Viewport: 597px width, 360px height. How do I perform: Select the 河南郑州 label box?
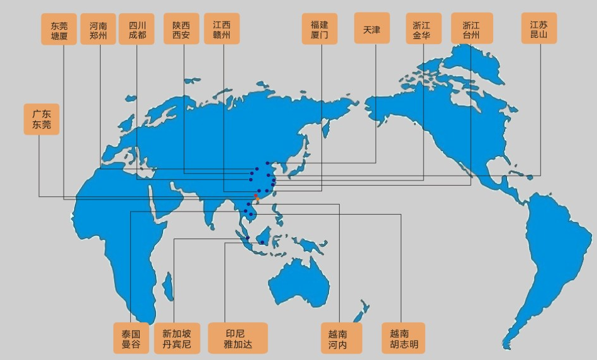[x=98, y=29]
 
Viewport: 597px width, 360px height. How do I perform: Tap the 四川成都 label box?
[x=137, y=29]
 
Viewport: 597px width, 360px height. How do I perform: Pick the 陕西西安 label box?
[x=181, y=29]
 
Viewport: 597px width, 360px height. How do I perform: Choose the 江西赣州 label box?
[x=221, y=29]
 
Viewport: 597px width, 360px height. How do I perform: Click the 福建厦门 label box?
[x=320, y=29]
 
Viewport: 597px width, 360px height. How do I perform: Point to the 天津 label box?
[x=372, y=29]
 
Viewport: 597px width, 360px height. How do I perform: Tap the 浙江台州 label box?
[x=472, y=29]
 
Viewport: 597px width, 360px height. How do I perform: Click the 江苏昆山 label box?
[x=539, y=29]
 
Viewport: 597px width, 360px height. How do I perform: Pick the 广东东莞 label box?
[x=42, y=120]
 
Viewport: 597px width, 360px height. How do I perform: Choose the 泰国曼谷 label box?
[x=131, y=338]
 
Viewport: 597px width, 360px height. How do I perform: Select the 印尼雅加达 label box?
[x=238, y=338]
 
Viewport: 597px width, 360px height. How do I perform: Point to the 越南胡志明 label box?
[x=403, y=338]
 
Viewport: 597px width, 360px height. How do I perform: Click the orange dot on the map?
[x=256, y=198]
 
